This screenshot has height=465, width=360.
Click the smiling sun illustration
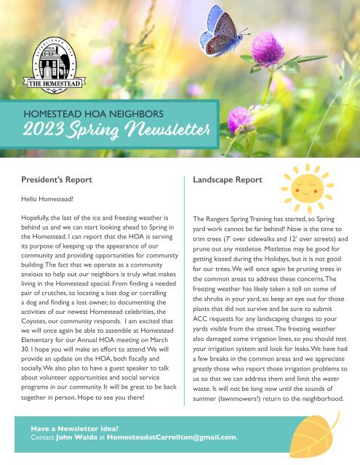click(309, 187)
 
